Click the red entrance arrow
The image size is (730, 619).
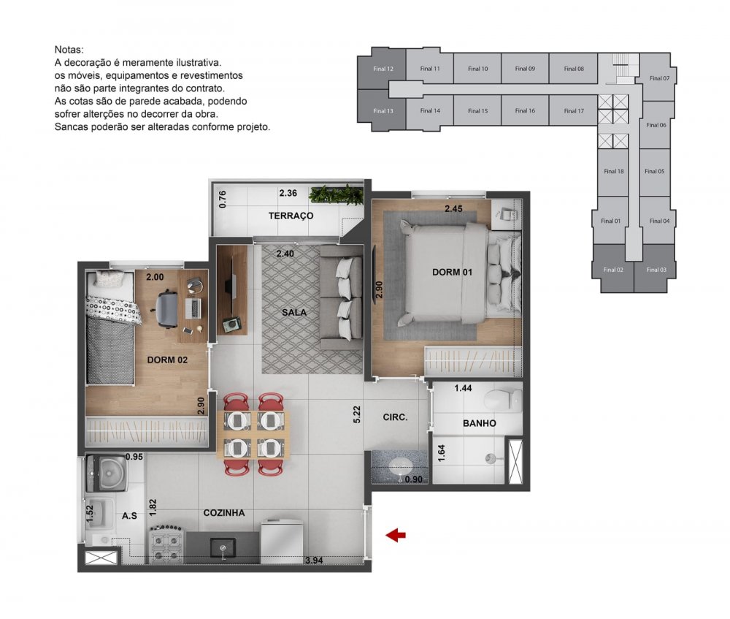395,535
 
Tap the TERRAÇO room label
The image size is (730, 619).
291,216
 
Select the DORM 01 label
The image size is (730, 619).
452,272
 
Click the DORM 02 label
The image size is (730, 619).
167,360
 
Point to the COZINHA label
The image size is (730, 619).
224,513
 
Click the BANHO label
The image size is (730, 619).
480,423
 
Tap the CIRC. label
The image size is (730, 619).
395,417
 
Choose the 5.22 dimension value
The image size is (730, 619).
357,414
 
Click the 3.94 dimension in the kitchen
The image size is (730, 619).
314,561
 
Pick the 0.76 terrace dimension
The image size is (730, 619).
223,199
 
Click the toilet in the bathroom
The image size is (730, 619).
503,399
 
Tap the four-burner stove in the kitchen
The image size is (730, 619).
166,544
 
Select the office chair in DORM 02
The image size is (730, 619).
166,308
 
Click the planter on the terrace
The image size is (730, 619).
335,195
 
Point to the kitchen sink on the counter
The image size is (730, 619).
223,549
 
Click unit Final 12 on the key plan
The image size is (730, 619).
383,69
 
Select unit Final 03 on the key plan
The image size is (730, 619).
656,270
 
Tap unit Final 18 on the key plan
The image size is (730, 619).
614,171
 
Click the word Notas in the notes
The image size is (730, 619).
69,50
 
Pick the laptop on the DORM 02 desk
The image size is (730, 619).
193,308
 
